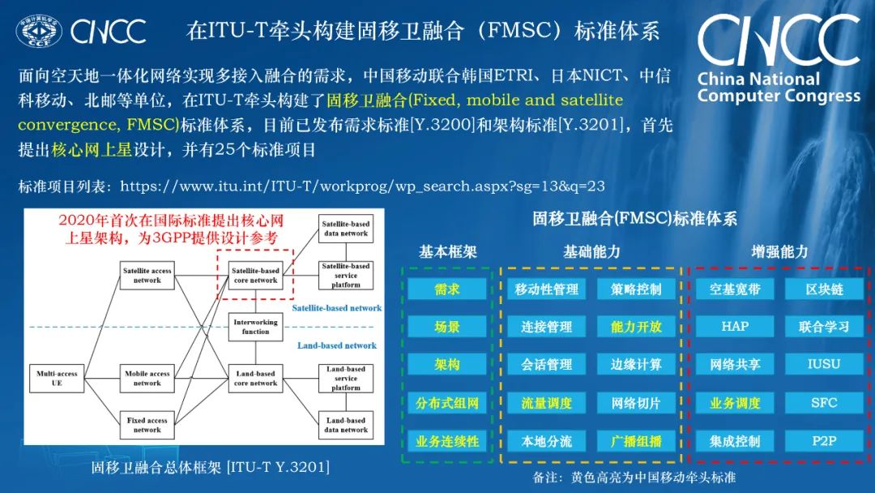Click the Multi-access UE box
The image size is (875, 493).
point(57,378)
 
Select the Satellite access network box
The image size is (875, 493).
point(147,275)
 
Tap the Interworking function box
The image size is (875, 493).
point(255,326)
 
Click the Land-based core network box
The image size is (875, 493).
point(255,378)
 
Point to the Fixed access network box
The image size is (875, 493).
point(147,425)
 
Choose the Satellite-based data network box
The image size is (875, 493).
point(345,229)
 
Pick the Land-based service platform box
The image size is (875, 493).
point(345,378)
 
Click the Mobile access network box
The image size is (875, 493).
point(147,378)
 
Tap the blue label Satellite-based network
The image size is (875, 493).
point(336,308)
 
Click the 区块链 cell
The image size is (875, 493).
point(825,289)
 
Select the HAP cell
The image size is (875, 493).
point(735,327)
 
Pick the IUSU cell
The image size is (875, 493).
point(825,365)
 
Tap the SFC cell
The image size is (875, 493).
point(825,403)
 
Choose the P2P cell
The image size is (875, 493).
point(825,441)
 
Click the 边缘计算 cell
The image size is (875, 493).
point(636,365)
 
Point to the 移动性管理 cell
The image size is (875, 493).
point(546,289)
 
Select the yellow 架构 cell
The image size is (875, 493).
point(447,365)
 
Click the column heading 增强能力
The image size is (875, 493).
point(779,252)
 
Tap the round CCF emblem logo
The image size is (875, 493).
point(39,32)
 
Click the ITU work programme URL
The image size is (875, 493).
point(362,186)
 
